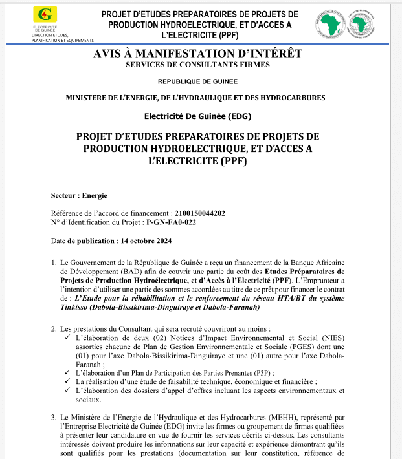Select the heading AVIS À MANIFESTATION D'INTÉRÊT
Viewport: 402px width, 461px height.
tap(197, 54)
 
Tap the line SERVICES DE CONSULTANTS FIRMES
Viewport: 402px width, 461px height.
tap(197, 65)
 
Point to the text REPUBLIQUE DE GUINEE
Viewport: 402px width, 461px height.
tap(197, 81)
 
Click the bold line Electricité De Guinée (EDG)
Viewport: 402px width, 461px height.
tap(197, 116)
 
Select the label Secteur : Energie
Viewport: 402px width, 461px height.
tap(79, 195)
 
